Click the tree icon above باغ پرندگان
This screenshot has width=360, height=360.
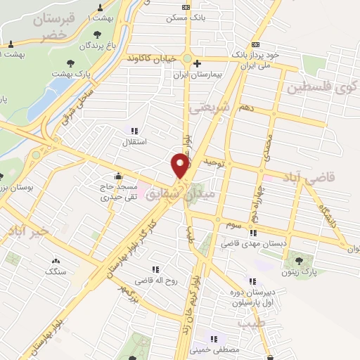pyautogui.click(x=96, y=34)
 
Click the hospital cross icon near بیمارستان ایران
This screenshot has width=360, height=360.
pyautogui.click(x=197, y=63)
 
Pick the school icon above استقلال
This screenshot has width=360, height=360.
pyautogui.click(x=134, y=131)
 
